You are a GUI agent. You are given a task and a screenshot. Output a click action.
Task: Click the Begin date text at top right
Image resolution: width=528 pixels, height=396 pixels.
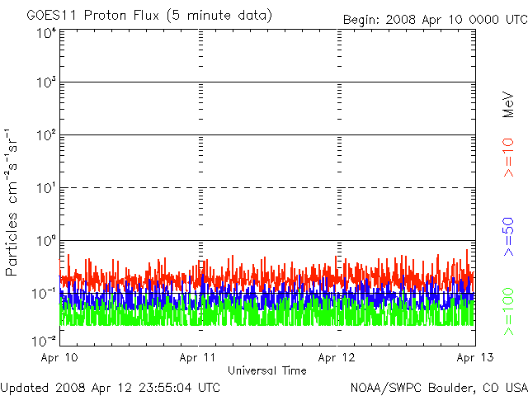point(435,20)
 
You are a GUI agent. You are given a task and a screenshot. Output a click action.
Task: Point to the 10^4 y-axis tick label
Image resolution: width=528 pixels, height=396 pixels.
point(46,33)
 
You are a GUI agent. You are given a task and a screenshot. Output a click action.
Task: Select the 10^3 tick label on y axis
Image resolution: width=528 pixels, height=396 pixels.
point(46,82)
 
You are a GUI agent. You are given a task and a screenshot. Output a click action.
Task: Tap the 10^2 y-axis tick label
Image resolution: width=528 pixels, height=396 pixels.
point(46,135)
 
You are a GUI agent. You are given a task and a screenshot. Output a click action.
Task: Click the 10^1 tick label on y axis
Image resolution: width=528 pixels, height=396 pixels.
point(46,188)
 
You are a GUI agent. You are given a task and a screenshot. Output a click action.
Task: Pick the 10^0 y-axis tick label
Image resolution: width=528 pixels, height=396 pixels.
point(46,241)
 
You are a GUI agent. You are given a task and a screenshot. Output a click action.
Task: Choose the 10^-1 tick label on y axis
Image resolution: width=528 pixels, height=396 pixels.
point(44,294)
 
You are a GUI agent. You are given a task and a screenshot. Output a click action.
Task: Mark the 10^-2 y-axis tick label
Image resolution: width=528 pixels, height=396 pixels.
point(44,341)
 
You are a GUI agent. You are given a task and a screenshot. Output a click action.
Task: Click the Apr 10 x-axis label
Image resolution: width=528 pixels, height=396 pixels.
point(59,357)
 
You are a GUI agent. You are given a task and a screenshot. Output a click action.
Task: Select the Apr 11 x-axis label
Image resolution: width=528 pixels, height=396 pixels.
point(197,357)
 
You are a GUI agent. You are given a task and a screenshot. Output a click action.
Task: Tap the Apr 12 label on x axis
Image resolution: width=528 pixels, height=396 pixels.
point(337,357)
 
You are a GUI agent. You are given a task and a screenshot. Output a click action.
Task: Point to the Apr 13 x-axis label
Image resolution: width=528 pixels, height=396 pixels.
point(475,357)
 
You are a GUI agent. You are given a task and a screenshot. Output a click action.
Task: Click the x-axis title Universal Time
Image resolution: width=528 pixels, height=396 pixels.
point(267,370)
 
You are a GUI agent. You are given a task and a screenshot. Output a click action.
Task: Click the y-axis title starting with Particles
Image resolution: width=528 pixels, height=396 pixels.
point(12,202)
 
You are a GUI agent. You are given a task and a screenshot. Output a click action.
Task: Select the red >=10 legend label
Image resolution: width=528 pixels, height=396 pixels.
point(508,158)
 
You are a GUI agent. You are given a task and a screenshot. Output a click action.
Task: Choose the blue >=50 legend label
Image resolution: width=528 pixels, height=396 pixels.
point(508,237)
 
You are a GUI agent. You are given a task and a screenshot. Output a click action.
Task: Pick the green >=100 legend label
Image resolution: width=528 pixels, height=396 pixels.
point(508,312)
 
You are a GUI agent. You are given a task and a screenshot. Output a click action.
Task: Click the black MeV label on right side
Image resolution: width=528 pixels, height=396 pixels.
point(508,105)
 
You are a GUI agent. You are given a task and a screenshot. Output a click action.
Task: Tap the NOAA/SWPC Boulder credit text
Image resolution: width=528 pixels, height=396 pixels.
point(439,388)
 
